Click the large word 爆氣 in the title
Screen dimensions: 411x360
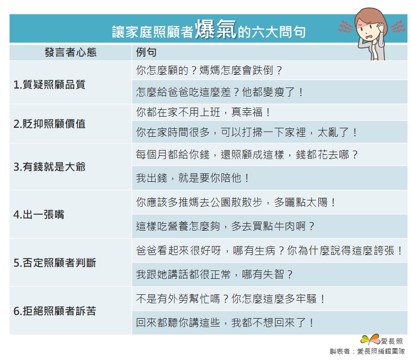[216, 29]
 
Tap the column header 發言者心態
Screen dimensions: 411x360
[70, 52]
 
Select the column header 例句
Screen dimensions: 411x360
[146, 52]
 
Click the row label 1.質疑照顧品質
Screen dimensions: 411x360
[49, 84]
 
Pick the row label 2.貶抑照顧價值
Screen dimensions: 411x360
[49, 124]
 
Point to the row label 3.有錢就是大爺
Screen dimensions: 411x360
[49, 167]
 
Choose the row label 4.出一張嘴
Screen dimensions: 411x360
[39, 215]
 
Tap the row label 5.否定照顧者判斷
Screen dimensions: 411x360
[55, 262]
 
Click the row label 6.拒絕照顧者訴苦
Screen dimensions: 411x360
[55, 311]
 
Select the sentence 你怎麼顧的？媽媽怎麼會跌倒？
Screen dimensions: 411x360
[209, 71]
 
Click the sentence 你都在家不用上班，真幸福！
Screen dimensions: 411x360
[203, 112]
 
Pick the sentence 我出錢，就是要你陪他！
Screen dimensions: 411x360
[193, 178]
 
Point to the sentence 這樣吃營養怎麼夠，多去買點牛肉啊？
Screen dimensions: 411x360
[225, 226]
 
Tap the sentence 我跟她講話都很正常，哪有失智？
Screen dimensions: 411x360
[215, 275]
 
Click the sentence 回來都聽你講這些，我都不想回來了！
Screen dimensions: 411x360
[225, 322]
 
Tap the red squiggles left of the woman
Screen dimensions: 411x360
[345, 26]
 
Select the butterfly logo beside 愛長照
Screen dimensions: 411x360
[370, 339]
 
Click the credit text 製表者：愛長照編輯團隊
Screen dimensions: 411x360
[367, 352]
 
